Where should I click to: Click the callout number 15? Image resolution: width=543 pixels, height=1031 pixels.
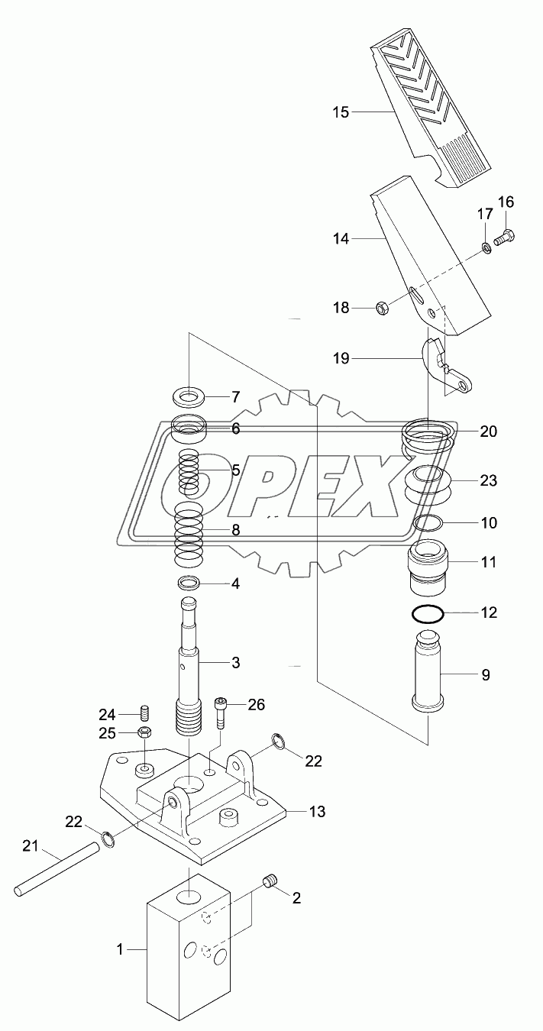340,112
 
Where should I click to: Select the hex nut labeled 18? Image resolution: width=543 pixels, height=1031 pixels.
385,308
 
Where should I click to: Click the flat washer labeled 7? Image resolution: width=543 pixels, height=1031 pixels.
188,397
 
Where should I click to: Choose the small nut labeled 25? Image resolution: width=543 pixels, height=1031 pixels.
143,733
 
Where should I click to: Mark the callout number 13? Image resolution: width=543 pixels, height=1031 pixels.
316,811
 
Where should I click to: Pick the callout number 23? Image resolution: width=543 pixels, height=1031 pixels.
488,481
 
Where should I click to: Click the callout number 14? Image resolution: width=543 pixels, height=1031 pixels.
340,239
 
